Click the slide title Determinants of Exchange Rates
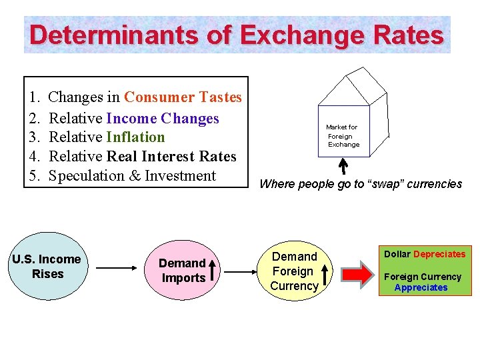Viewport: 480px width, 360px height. (237, 35)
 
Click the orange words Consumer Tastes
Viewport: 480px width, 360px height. (183, 97)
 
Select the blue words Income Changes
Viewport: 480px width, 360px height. (162, 119)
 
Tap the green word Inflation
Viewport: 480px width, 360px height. (135, 137)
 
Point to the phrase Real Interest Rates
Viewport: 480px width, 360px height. (171, 157)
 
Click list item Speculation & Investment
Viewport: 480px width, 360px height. (133, 176)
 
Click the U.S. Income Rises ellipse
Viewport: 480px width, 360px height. (47, 267)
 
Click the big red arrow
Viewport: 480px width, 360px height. (359, 274)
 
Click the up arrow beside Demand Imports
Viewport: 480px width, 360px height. (212, 270)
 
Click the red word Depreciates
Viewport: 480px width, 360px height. (439, 254)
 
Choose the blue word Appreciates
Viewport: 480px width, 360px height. (421, 287)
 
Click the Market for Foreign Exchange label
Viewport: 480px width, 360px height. (343, 135)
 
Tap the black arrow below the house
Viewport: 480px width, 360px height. (344, 165)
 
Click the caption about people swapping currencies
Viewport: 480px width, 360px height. (360, 184)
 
